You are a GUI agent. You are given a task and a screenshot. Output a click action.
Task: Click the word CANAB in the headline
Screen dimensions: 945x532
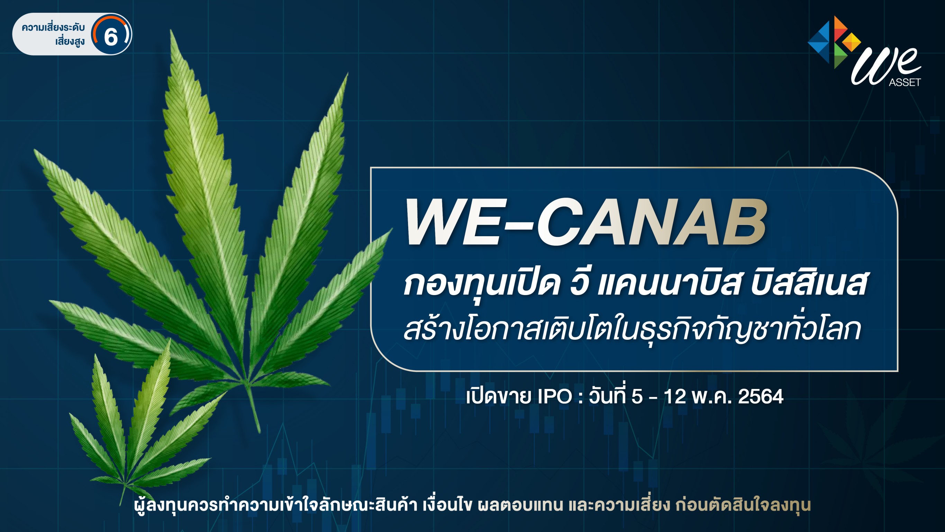652,222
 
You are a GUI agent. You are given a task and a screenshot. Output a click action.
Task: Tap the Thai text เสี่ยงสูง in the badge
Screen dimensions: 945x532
70,42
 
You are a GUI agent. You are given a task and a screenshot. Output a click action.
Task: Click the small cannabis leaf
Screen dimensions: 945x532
139,422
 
